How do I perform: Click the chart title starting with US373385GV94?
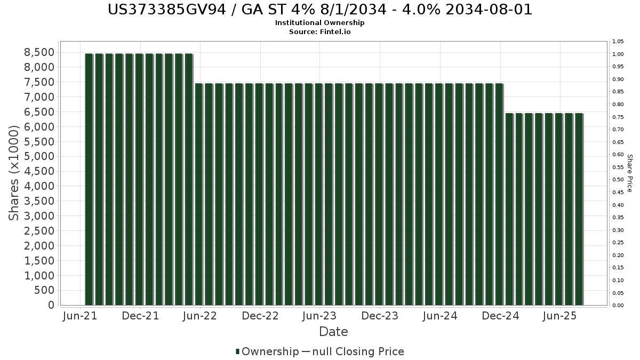point(319,10)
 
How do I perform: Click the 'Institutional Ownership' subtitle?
point(319,23)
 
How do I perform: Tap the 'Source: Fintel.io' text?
point(319,31)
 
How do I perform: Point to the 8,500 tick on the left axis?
point(39,52)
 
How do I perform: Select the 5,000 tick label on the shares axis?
point(39,156)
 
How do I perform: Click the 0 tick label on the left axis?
point(51,305)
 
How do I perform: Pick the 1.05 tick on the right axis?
point(618,42)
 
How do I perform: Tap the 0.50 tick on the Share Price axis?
point(618,180)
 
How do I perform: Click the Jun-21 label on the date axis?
point(80,316)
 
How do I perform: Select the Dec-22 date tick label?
point(260,316)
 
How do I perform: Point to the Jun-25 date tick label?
point(560,316)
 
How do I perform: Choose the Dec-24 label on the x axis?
point(500,316)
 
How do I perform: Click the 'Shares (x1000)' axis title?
point(13,173)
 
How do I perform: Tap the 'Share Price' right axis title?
point(629,173)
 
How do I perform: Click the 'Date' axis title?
point(333,332)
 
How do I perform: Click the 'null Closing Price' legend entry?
point(358,351)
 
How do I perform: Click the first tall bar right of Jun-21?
point(89,179)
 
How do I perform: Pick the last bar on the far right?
point(579,209)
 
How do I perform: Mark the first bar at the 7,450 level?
point(199,194)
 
